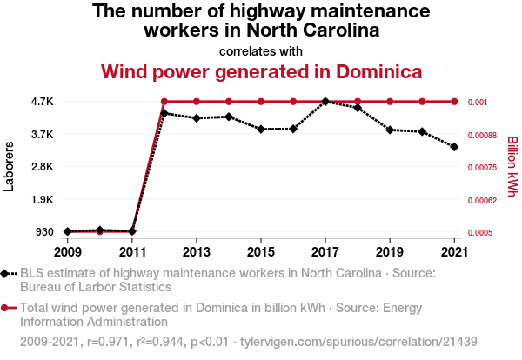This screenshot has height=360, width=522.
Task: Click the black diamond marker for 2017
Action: (x=325, y=102)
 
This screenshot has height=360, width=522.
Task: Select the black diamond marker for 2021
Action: (x=454, y=147)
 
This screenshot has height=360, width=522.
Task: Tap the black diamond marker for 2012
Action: (x=164, y=113)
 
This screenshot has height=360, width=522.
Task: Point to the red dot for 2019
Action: (x=390, y=102)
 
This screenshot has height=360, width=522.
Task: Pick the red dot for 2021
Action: (x=454, y=102)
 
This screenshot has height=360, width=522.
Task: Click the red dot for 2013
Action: (x=197, y=102)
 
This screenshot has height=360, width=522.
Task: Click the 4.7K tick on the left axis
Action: (x=41, y=102)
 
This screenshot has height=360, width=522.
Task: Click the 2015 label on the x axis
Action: (x=261, y=251)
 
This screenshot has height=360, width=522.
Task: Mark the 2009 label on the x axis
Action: (x=68, y=251)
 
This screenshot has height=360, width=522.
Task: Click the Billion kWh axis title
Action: (x=512, y=166)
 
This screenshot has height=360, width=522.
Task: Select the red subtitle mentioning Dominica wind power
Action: (x=261, y=71)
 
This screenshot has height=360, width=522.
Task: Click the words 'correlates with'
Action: (x=261, y=50)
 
